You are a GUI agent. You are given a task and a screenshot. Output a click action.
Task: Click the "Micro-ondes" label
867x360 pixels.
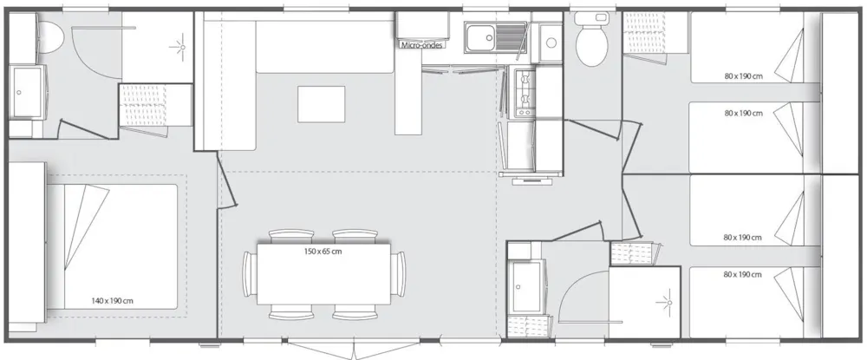click(422, 45)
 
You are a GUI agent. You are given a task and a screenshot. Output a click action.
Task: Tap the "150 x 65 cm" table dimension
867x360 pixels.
click(323, 251)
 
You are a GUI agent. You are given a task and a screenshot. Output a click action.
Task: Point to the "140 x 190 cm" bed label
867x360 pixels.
click(112, 301)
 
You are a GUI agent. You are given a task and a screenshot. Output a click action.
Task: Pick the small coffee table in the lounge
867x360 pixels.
click(322, 104)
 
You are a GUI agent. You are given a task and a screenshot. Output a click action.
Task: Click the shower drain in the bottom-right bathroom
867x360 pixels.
click(668, 302)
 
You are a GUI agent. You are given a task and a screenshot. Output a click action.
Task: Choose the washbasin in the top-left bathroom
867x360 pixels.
click(25, 92)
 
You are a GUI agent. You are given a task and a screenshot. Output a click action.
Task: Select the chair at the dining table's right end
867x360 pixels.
click(398, 274)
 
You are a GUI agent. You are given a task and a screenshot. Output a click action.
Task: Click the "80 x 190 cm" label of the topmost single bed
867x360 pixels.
click(743, 76)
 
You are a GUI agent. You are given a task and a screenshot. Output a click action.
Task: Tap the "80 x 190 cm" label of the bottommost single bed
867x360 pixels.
click(743, 274)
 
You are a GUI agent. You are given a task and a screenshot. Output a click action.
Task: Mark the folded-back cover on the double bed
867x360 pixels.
click(86, 226)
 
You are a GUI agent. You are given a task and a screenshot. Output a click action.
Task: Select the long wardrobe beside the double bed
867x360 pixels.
click(26, 243)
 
